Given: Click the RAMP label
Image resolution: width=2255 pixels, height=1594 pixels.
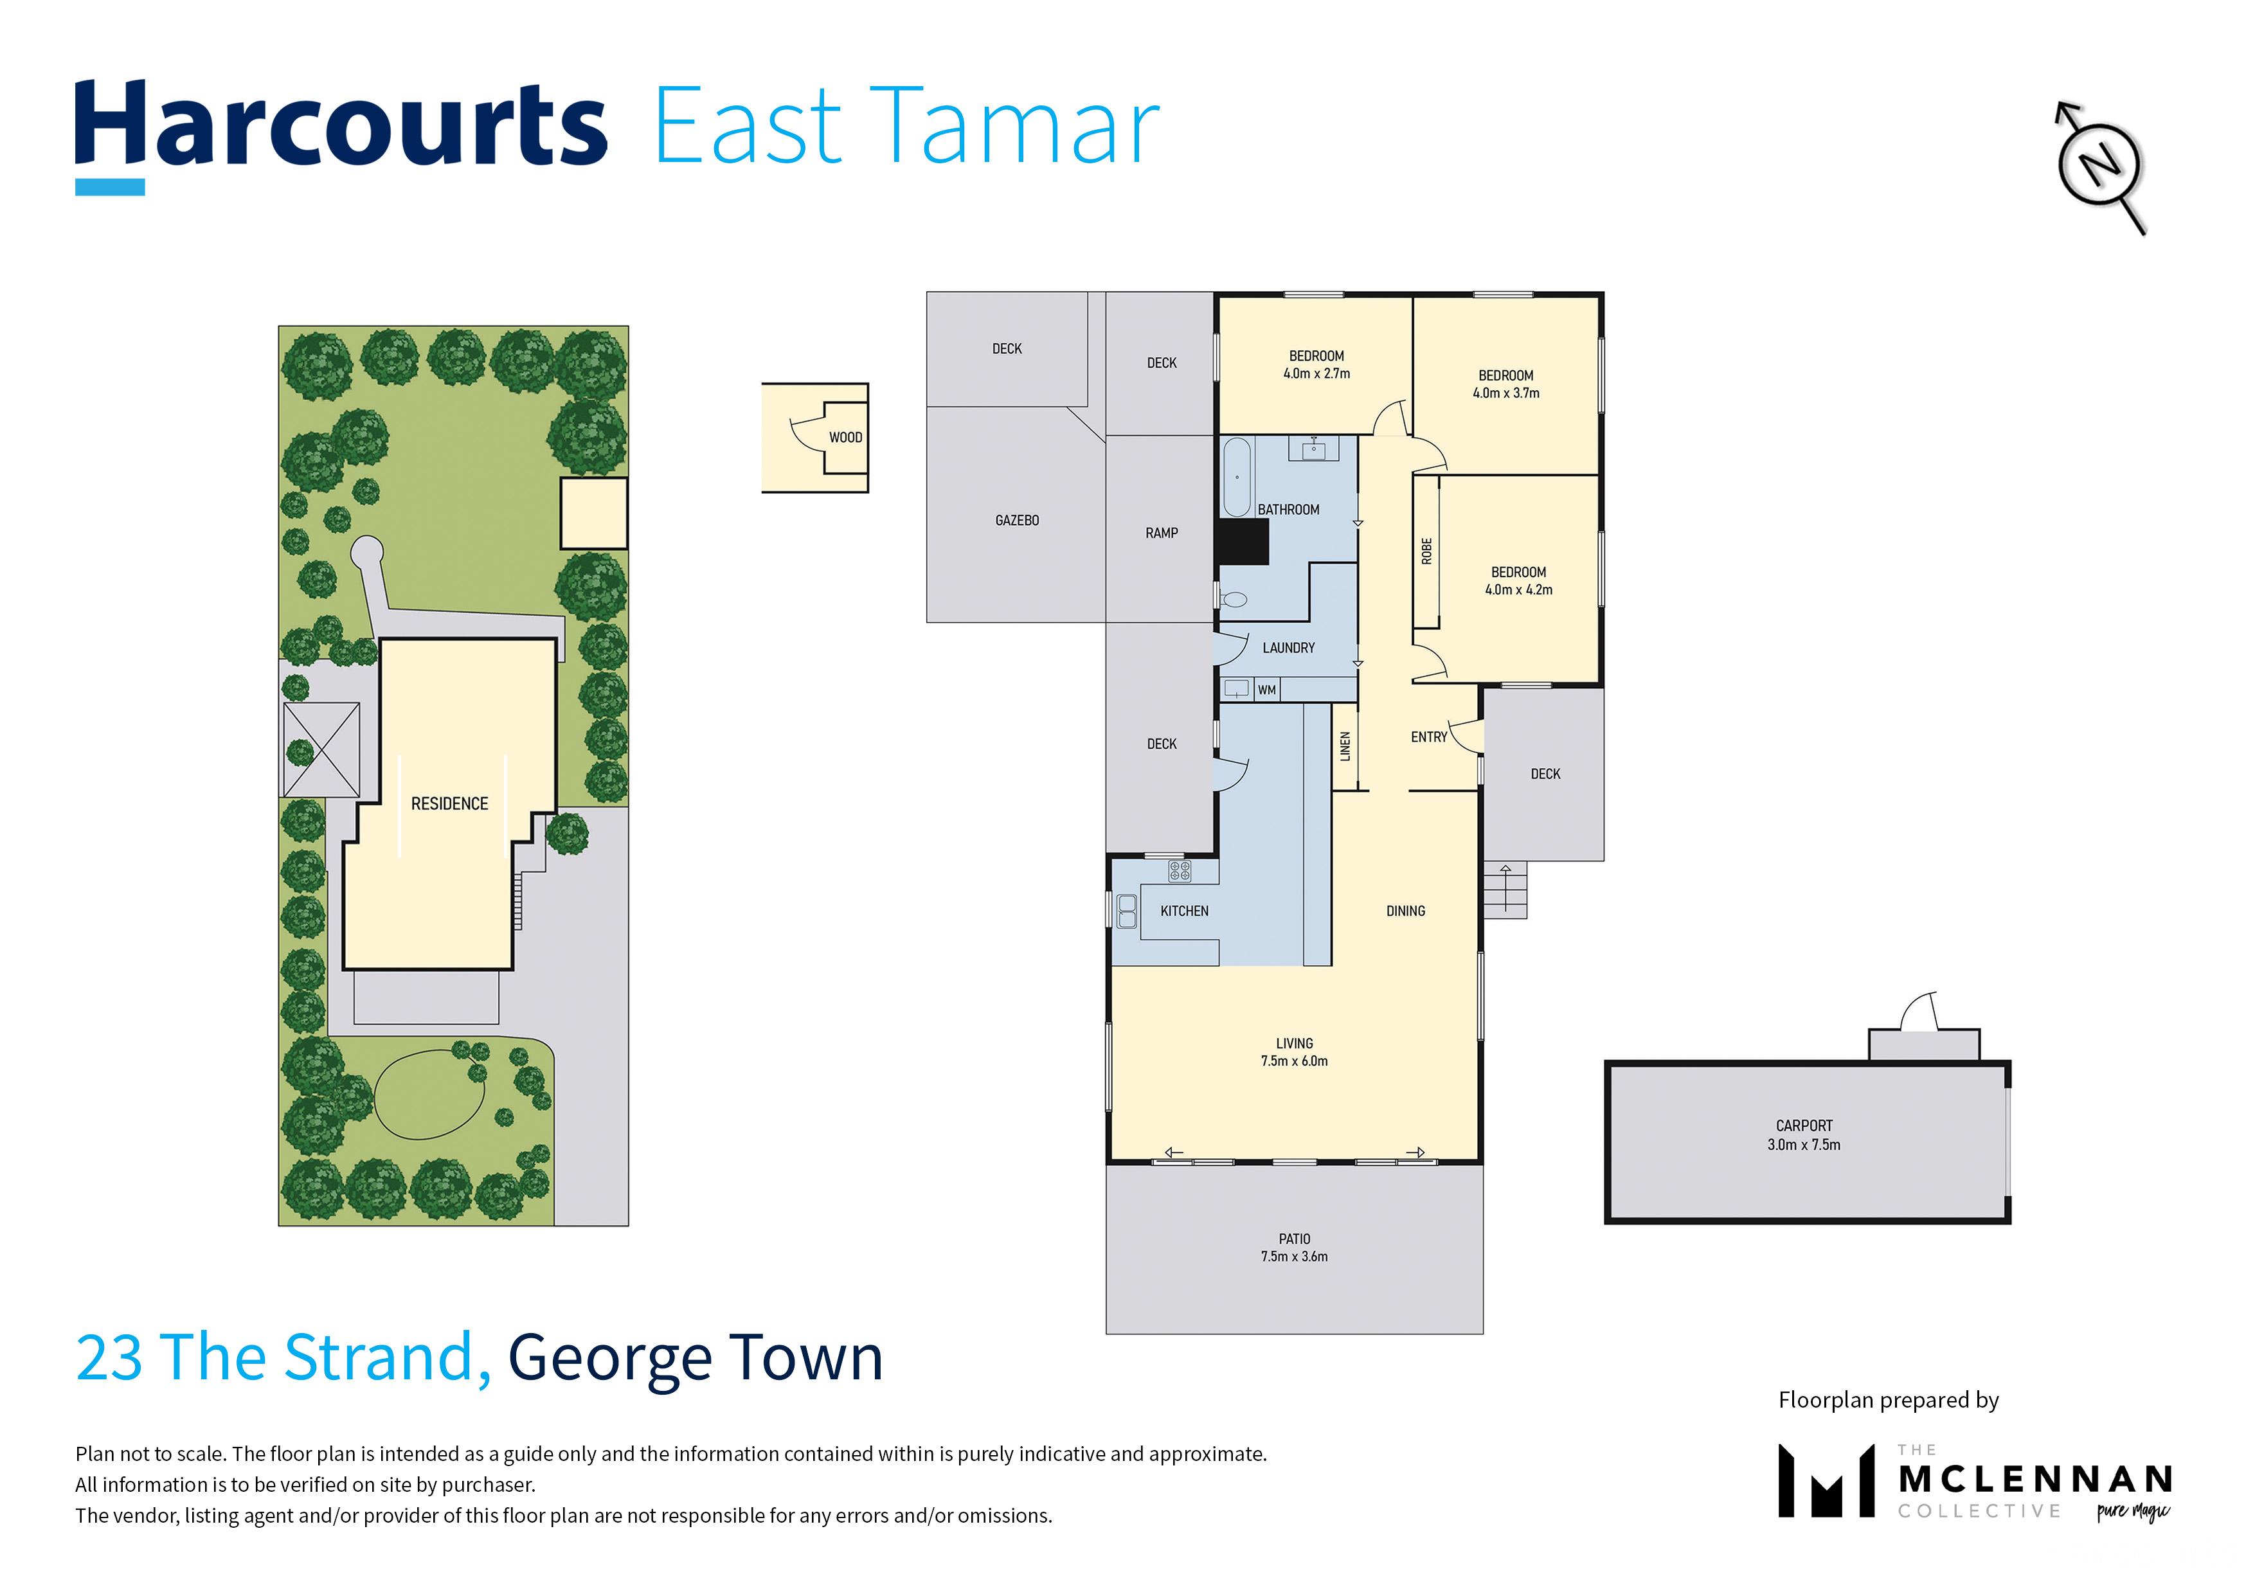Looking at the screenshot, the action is pyautogui.click(x=1161, y=533).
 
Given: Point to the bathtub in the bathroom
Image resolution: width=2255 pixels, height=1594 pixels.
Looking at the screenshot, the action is pyautogui.click(x=1237, y=478).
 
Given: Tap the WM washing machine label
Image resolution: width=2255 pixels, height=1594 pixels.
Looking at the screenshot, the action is pyautogui.click(x=1267, y=690).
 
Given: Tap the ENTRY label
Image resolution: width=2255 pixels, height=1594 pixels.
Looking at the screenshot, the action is pyautogui.click(x=1429, y=738).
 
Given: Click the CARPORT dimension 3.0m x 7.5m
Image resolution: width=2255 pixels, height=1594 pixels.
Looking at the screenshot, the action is pyautogui.click(x=1804, y=1145).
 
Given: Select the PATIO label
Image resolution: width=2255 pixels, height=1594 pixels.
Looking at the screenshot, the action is pyautogui.click(x=1295, y=1239).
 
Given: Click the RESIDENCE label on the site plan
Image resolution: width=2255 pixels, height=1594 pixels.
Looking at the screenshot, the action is pyautogui.click(x=450, y=804).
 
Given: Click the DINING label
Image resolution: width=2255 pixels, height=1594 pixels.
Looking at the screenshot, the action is pyautogui.click(x=1405, y=911).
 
